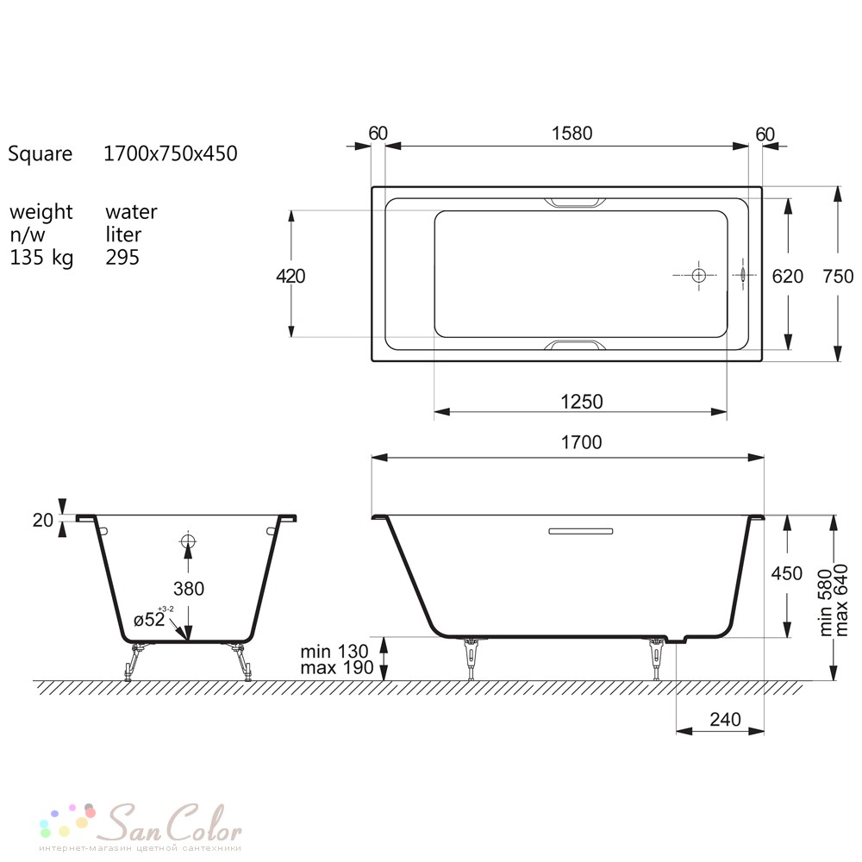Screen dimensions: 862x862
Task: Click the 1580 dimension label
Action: point(572,134)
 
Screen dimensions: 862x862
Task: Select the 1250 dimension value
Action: point(582,402)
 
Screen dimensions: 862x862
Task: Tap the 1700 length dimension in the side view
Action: point(581,442)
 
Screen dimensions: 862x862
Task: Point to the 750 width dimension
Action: point(838,276)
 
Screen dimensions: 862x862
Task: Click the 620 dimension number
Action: point(787,276)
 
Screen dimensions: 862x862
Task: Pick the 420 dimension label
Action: point(290,276)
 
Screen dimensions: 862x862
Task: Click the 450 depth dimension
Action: point(787,573)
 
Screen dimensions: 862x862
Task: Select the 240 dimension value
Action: point(725,719)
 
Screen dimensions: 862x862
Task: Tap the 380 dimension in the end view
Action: point(189,589)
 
